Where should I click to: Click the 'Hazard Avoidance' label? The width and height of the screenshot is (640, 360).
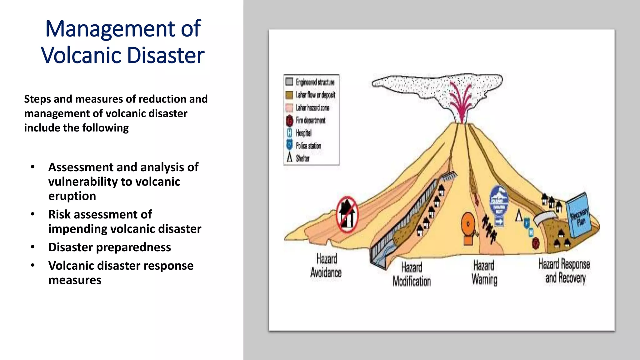point(326,266)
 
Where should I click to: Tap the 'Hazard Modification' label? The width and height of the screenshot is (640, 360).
point(412,274)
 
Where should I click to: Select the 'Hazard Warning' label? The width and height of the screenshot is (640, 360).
point(484,272)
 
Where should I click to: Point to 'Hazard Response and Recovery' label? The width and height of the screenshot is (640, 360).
point(564,271)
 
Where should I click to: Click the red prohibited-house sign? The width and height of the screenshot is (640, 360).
point(347,214)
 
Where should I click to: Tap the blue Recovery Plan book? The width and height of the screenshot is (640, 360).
point(579,215)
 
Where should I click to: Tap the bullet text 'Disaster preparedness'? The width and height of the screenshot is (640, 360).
point(109,247)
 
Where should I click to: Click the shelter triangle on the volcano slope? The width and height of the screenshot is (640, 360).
point(519,215)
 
